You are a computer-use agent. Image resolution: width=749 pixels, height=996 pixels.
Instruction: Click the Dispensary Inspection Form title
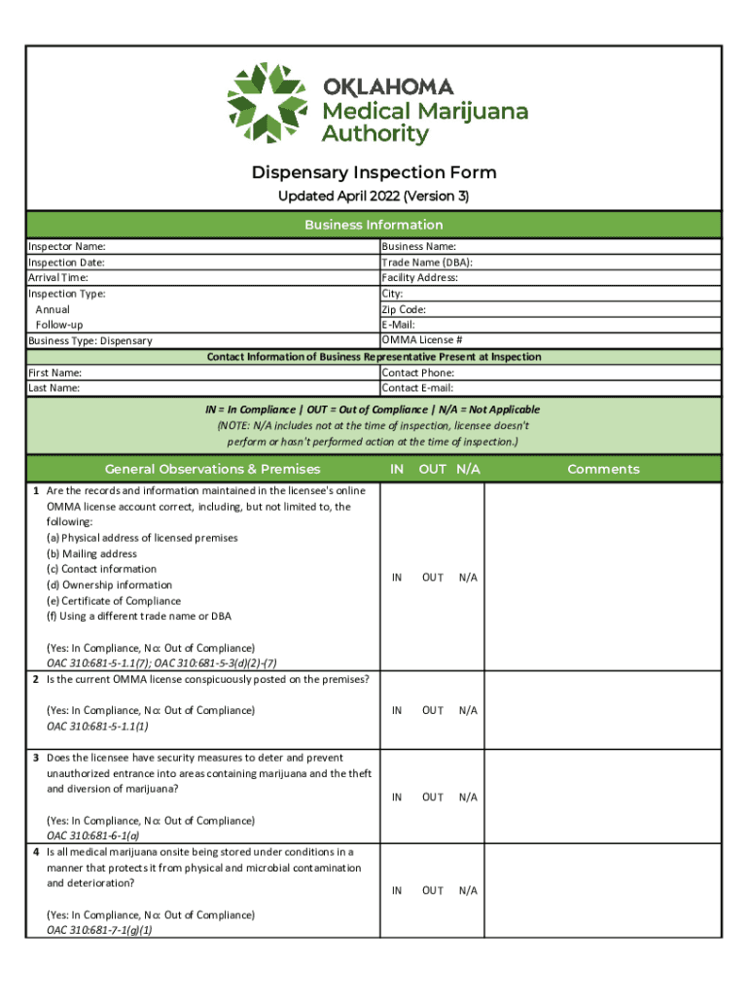(374, 173)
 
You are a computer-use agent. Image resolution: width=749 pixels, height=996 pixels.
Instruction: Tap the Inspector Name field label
(67, 247)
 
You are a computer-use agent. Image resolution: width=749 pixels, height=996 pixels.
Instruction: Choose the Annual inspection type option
(53, 309)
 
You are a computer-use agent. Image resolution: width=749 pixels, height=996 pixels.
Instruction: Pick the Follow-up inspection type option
(59, 325)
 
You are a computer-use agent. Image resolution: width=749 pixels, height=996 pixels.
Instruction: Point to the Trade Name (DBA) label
(427, 263)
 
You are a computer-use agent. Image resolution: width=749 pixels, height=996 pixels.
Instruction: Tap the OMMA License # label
(422, 339)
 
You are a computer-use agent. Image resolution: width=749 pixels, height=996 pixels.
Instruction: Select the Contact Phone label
(418, 373)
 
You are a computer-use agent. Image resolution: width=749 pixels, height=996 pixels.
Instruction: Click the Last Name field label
(54, 388)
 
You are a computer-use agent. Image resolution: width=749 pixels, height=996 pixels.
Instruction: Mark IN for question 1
(397, 578)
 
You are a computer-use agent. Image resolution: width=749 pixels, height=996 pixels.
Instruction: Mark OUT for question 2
(433, 711)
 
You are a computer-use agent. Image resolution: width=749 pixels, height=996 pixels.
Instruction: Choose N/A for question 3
(468, 798)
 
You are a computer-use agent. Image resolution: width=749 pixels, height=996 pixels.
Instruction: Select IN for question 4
(397, 891)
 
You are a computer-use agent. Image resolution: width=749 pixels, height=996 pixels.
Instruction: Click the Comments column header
(603, 470)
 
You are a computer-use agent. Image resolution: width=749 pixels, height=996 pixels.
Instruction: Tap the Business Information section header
(374, 225)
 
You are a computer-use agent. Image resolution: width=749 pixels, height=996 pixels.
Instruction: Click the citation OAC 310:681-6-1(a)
(92, 836)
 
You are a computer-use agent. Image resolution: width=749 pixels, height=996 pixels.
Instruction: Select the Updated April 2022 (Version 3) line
(374, 197)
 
